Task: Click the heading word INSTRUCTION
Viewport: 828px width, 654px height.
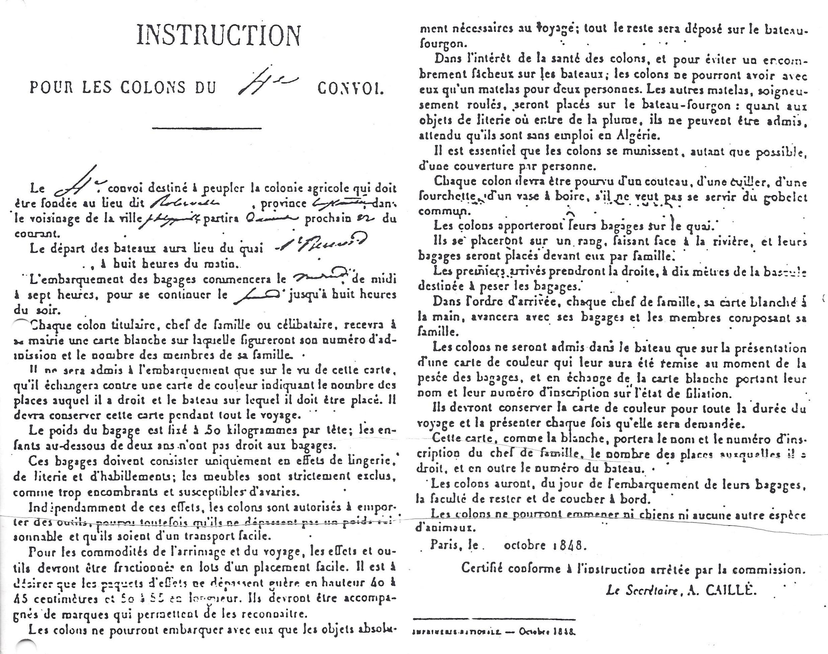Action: click(218, 35)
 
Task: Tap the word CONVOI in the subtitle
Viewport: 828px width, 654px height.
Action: click(350, 89)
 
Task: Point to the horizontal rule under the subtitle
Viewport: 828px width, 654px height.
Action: click(207, 128)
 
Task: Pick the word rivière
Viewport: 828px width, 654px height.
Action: click(730, 242)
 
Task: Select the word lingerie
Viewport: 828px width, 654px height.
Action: click(366, 461)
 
